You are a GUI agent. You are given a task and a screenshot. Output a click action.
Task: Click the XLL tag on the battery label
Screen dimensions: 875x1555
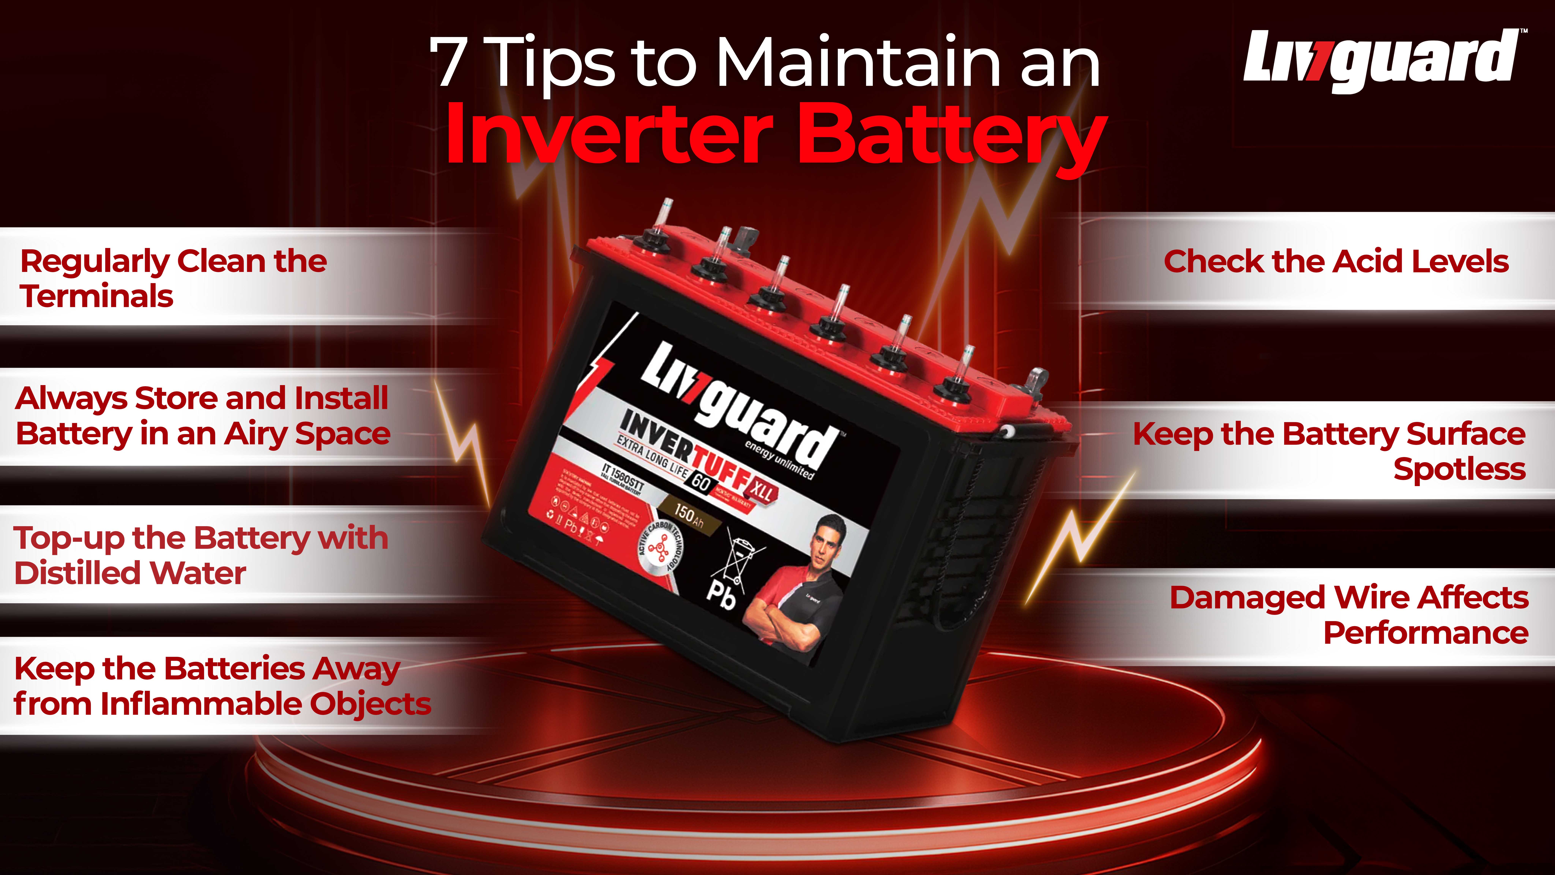click(x=762, y=492)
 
